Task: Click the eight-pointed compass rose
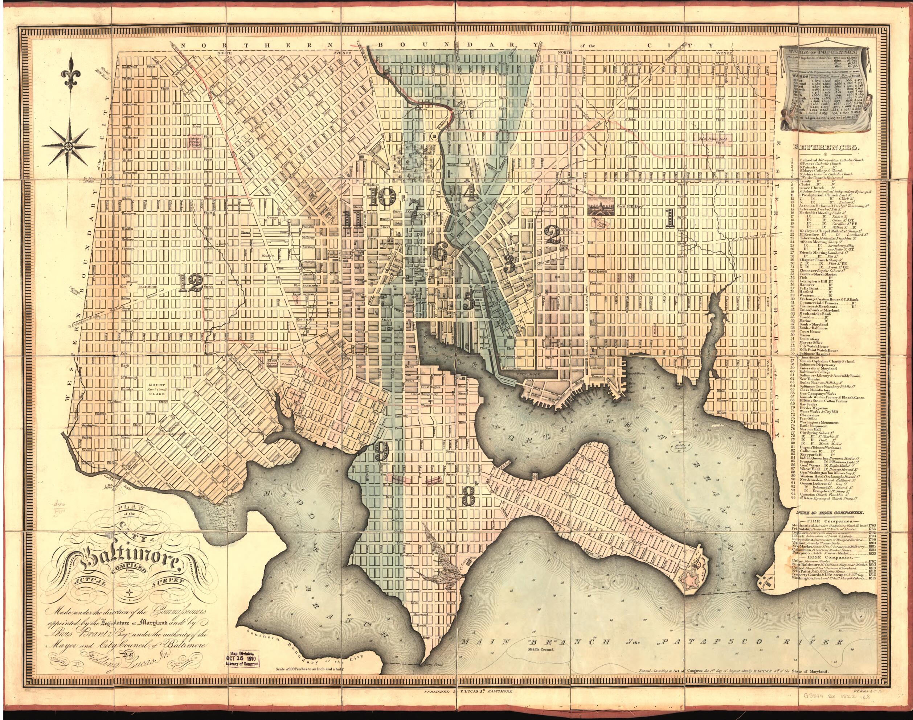pos(67,146)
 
